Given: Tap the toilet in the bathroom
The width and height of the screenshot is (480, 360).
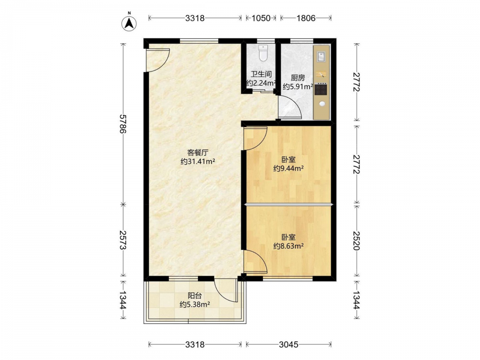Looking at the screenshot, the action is [x=263, y=53].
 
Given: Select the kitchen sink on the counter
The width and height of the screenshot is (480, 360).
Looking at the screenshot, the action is [x=321, y=57].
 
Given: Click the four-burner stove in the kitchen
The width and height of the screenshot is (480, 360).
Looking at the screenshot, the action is [x=321, y=89].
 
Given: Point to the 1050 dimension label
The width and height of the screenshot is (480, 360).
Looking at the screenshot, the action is [x=261, y=18].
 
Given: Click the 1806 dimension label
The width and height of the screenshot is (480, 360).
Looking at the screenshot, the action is [x=305, y=18].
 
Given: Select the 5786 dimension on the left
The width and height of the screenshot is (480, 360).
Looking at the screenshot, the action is [x=123, y=124].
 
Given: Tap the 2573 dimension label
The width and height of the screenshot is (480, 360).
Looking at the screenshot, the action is [x=123, y=240].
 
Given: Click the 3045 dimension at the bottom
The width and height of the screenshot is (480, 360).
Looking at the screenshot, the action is [x=288, y=345].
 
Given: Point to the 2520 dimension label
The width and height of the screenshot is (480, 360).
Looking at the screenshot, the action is [x=356, y=240].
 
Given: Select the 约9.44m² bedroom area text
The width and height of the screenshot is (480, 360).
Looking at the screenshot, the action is [x=288, y=168].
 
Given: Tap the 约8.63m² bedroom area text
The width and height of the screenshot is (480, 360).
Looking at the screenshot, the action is [x=288, y=245].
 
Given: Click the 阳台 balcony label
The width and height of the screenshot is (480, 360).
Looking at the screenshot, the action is [x=195, y=296].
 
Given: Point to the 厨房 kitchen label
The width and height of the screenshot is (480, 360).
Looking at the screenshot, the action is [x=298, y=78].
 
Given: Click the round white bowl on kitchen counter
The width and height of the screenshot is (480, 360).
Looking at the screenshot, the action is [x=322, y=104].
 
